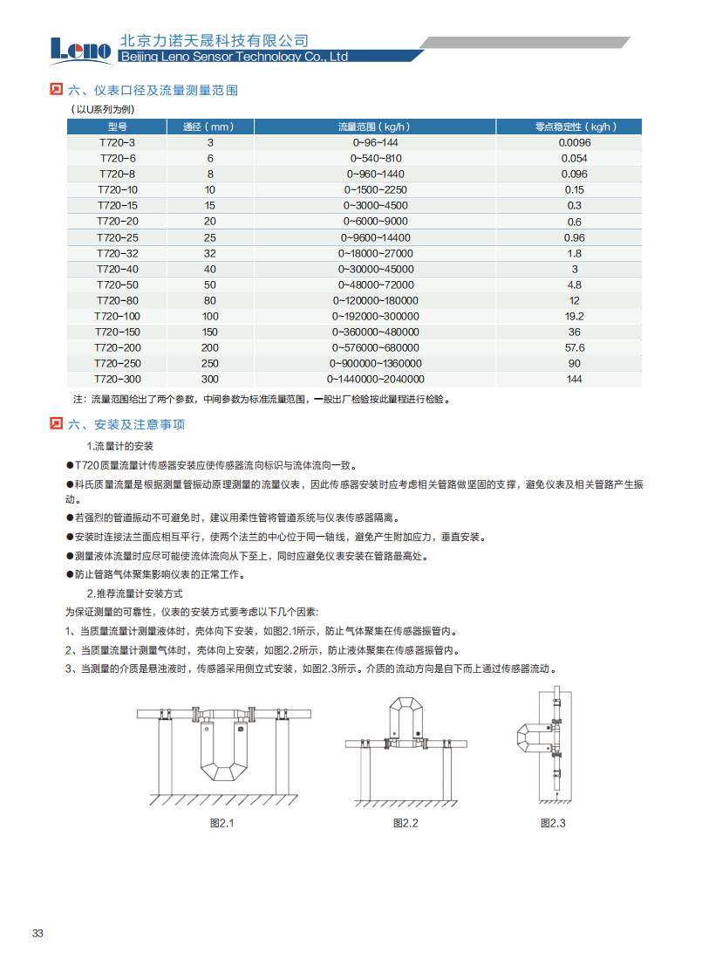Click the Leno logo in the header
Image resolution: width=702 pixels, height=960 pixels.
tap(81, 50)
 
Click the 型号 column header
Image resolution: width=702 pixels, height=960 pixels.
tap(117, 127)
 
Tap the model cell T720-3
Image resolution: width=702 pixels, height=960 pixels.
tap(117, 142)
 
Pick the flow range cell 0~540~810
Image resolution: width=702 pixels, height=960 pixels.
tap(376, 158)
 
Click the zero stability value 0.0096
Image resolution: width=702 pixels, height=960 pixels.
tap(575, 142)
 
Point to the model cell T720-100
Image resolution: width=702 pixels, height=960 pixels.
tap(117, 316)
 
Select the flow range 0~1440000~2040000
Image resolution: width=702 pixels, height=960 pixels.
tap(376, 379)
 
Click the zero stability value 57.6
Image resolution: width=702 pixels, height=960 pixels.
tap(575, 347)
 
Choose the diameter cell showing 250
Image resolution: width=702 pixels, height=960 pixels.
tap(210, 363)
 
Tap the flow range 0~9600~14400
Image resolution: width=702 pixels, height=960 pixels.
tap(376, 237)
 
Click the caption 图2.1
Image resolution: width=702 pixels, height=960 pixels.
tap(222, 823)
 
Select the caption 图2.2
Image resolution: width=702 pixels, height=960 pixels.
tap(406, 823)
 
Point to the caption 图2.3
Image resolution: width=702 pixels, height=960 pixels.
tap(553, 823)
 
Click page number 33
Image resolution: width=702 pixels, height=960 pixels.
tap(37, 933)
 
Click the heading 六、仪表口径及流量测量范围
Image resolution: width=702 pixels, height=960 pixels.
tap(153, 90)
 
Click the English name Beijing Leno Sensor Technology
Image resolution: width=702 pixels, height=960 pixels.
tap(233, 57)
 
